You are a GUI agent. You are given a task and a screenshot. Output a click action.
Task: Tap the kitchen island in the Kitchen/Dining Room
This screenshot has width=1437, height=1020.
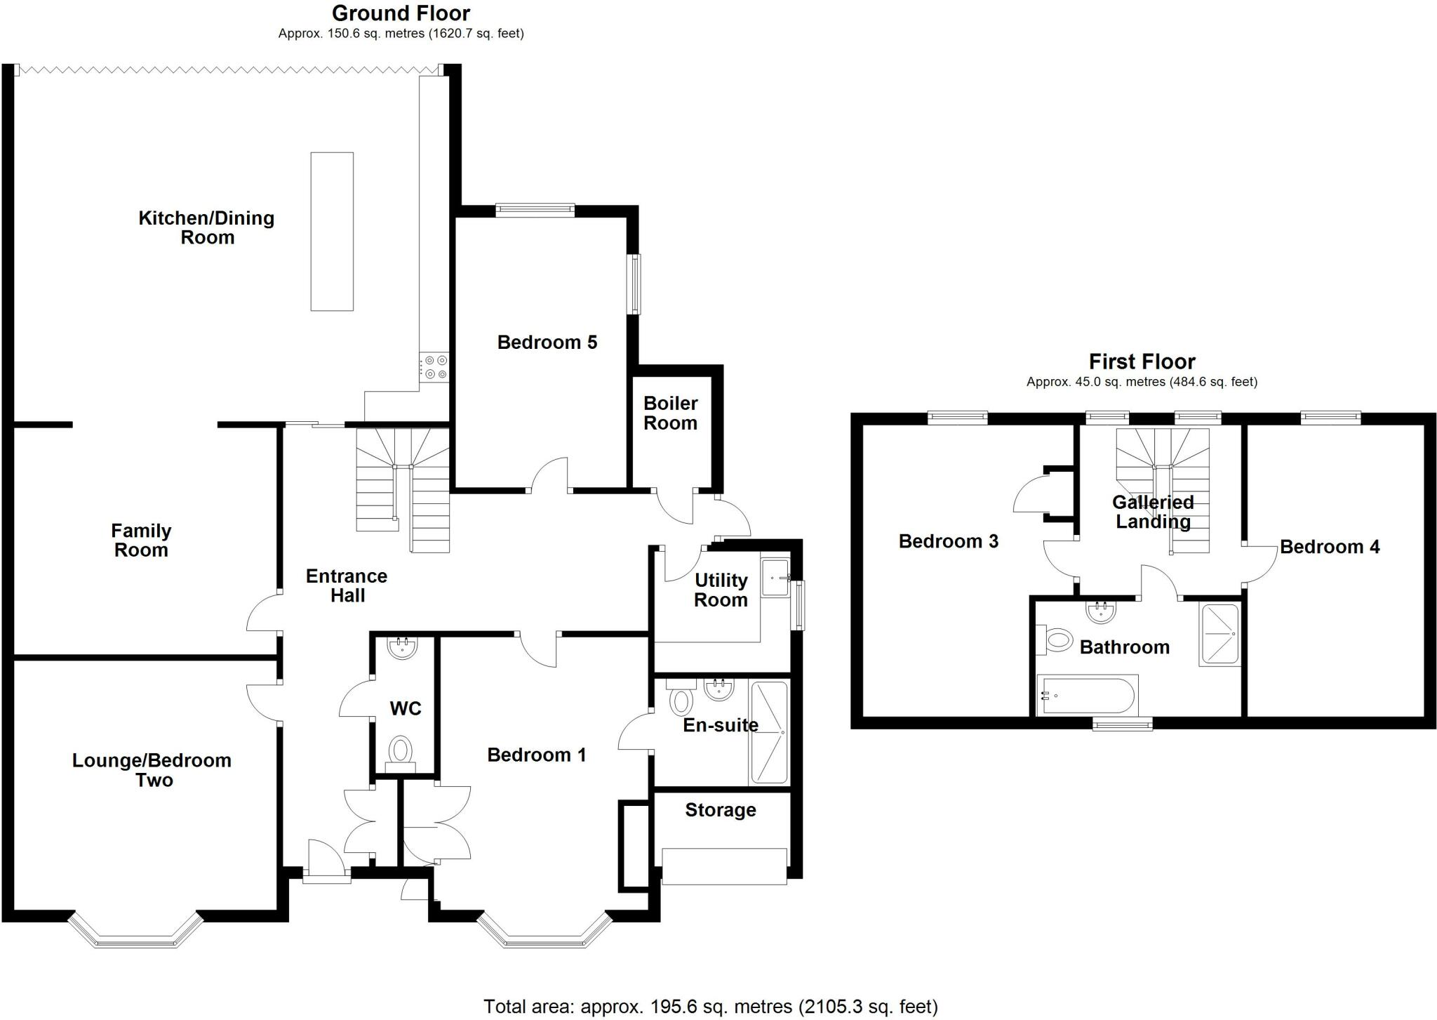[332, 232]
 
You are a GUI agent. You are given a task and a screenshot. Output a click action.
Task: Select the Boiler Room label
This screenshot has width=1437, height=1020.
[671, 413]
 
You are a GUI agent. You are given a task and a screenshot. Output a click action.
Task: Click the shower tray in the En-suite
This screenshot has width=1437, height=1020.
[770, 732]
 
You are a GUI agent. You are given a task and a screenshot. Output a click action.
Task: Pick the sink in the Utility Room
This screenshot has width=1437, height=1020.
[777, 578]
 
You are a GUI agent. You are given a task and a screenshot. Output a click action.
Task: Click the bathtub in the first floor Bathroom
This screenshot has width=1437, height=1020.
[1087, 696]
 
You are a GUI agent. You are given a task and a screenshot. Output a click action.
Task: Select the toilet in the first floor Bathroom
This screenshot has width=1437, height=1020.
[1055, 640]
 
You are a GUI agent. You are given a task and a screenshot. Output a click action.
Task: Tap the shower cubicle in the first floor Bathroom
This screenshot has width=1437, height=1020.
[1220, 634]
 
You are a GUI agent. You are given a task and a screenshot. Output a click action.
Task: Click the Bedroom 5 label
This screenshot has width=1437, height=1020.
[547, 343]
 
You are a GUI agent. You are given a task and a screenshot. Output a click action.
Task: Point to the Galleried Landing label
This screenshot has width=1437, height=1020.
[1153, 512]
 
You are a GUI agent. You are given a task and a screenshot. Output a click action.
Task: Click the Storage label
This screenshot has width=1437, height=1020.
[721, 810]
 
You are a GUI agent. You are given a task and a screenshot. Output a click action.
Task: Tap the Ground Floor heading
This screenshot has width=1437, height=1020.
[401, 13]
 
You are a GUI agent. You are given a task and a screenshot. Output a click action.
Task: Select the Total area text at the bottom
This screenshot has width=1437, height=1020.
[711, 1007]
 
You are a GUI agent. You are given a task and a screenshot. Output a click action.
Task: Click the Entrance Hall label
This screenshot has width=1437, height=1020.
[347, 585]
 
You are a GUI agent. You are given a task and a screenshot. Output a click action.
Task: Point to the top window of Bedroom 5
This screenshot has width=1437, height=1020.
[535, 210]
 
